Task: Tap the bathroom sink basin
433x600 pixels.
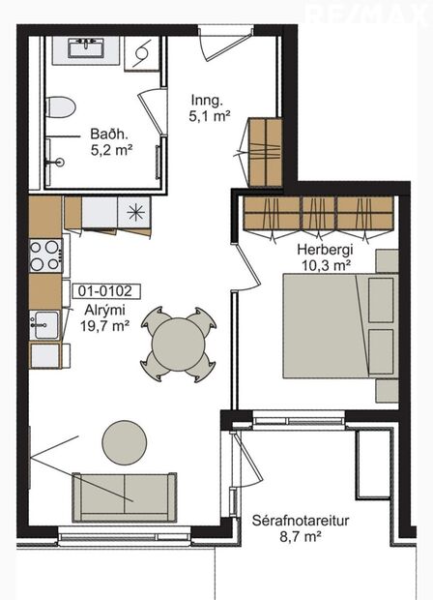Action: [89, 47]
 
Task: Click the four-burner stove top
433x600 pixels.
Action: [44, 255]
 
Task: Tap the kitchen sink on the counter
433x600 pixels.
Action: [42, 323]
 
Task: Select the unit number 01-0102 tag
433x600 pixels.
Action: [107, 289]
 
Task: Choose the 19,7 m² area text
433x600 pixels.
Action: [104, 327]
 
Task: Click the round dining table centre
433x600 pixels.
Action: [180, 344]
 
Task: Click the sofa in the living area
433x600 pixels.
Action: [125, 497]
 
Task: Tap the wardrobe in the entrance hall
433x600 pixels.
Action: [264, 153]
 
